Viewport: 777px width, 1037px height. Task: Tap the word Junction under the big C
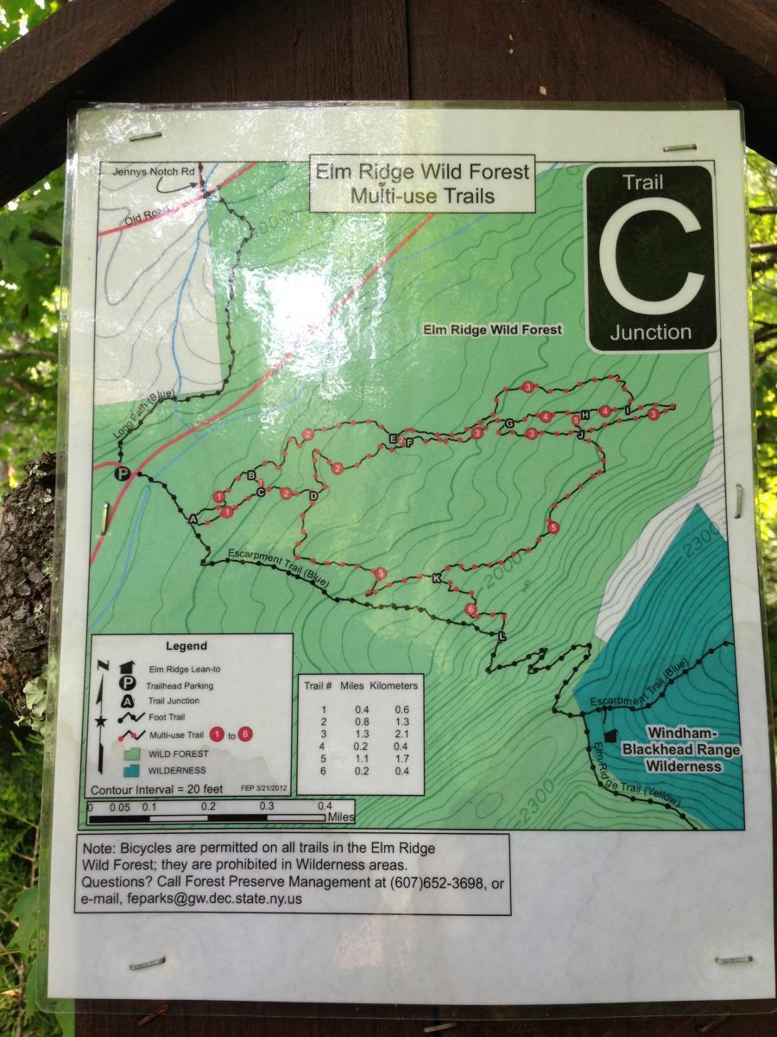click(x=650, y=332)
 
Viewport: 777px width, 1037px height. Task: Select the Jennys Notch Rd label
click(x=155, y=172)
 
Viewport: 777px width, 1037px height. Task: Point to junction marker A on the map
click(x=193, y=518)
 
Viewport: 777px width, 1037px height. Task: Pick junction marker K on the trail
click(x=436, y=577)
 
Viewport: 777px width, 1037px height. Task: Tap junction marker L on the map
click(x=502, y=636)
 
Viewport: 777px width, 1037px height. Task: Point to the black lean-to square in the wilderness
click(x=611, y=735)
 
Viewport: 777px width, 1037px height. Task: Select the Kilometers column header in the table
click(x=394, y=685)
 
